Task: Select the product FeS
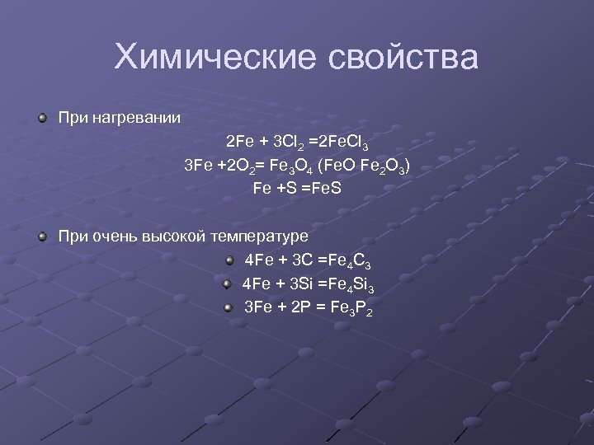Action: (x=321, y=189)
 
